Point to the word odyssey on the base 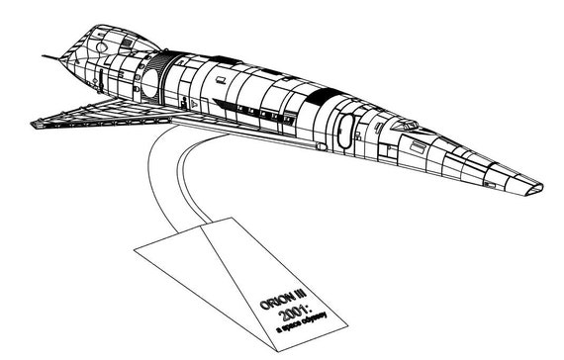[315, 318]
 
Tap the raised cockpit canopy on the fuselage [405, 125]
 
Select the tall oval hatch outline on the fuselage [345, 131]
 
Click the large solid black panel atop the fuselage [324, 96]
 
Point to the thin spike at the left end [51, 57]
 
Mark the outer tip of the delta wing [35, 125]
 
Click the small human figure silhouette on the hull [184, 102]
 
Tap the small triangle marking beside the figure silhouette [194, 104]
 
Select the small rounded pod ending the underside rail [322, 146]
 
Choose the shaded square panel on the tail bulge [127, 43]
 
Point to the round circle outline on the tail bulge [102, 46]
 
